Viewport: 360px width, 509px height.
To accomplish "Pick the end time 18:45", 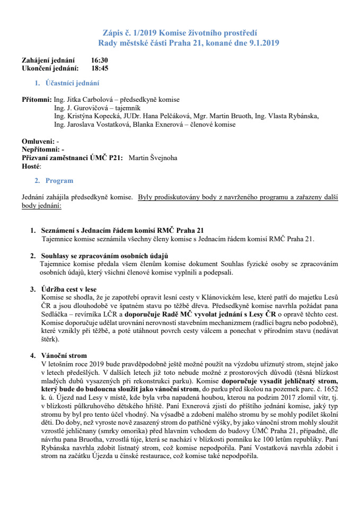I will (x=100, y=68).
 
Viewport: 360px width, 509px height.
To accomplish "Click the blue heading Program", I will (x=59, y=181).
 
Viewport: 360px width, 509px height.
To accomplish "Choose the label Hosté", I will (x=31, y=166).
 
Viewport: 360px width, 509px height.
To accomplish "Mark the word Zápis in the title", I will (x=113, y=33).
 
